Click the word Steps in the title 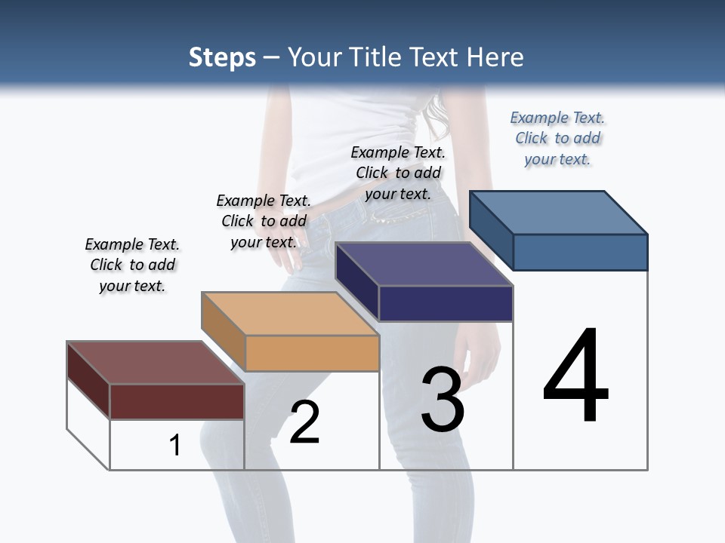coord(222,57)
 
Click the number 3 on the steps coord(442,400)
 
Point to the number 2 coord(304,422)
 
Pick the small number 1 coord(175,445)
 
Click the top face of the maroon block coord(155,363)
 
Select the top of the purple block coord(424,264)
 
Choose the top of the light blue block coord(558,212)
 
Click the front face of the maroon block coord(177,401)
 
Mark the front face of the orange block coord(312,353)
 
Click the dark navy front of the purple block coord(446,303)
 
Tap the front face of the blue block coord(580,252)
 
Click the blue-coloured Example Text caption coord(557,138)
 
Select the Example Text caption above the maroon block coord(132,265)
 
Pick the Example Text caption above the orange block coord(264,221)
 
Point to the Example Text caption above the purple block coord(398,173)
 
